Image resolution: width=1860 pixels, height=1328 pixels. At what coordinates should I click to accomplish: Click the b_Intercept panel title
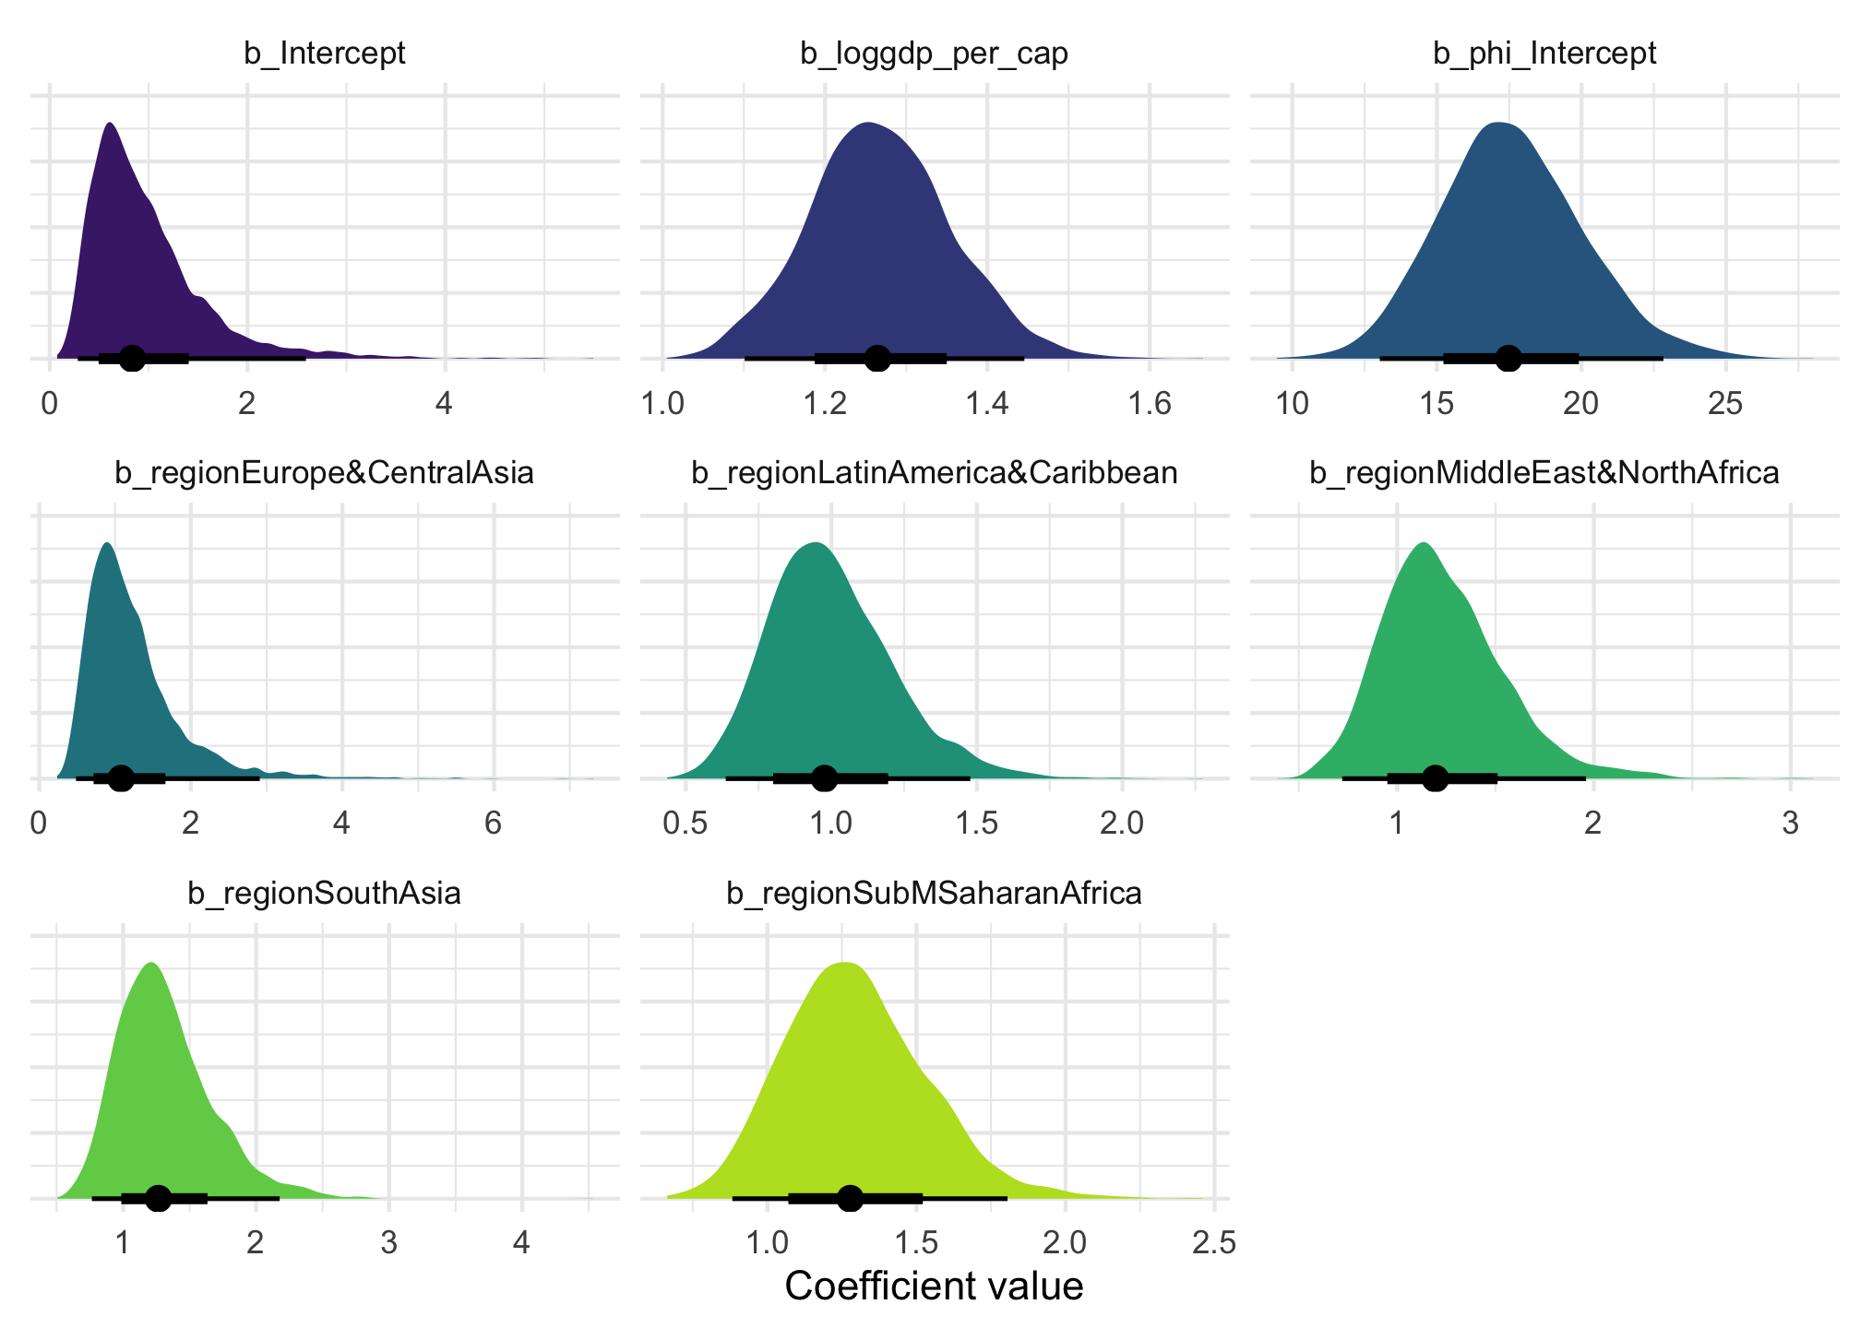[325, 53]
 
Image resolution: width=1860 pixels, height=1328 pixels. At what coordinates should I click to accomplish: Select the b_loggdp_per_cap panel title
[934, 53]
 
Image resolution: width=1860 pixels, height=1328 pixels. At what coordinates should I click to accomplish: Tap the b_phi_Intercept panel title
[1544, 53]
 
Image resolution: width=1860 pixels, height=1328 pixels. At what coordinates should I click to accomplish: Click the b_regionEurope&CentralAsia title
[325, 473]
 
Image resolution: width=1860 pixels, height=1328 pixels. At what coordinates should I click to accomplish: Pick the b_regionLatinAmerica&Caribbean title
[934, 473]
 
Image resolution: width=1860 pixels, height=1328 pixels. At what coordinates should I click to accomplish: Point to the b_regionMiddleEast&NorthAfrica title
[1544, 473]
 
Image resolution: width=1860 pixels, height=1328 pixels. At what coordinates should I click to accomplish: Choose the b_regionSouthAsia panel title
[325, 893]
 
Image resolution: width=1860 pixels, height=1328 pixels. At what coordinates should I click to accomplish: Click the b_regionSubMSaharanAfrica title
[934, 893]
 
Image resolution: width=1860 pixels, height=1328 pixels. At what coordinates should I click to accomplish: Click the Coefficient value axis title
[934, 1286]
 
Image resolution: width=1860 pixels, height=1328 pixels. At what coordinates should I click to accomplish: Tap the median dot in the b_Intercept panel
[132, 358]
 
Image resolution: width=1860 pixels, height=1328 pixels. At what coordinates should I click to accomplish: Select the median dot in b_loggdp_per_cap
[877, 358]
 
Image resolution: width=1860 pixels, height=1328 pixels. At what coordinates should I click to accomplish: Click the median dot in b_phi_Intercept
[1508, 358]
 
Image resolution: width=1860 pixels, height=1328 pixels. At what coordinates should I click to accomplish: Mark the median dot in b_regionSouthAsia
[159, 1198]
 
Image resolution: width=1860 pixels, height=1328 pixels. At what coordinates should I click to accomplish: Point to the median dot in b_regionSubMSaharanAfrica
[850, 1198]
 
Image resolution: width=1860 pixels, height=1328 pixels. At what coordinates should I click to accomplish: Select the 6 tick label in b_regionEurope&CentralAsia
[494, 824]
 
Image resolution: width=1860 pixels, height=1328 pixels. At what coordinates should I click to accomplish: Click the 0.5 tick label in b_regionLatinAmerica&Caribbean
[686, 824]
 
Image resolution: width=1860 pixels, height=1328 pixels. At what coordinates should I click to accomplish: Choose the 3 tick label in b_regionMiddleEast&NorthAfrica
[1790, 824]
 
